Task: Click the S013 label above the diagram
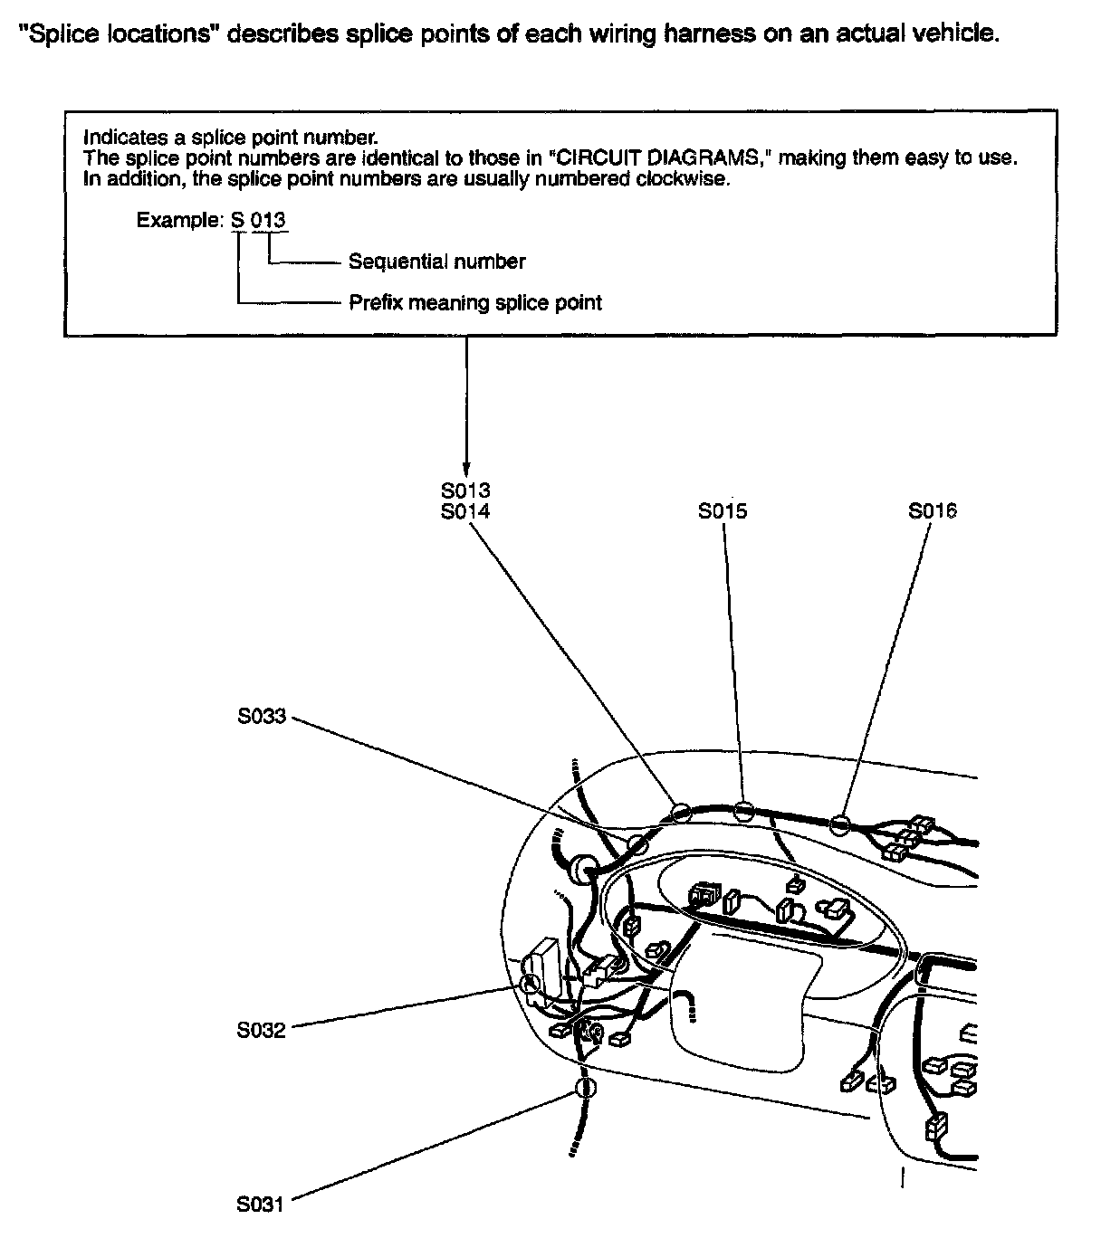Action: pyautogui.click(x=465, y=490)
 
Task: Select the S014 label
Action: pyautogui.click(x=465, y=511)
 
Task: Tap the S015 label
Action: pyautogui.click(x=723, y=511)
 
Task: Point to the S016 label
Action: pyautogui.click(x=933, y=511)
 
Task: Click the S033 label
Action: pyautogui.click(x=262, y=717)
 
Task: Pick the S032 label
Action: pyautogui.click(x=262, y=1030)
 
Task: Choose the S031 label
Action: pyautogui.click(x=262, y=1205)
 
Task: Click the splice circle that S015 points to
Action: pyautogui.click(x=743, y=811)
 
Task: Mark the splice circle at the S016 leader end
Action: pyautogui.click(x=840, y=824)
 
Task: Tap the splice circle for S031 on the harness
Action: pyautogui.click(x=586, y=1088)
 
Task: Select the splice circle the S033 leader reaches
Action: pyautogui.click(x=637, y=845)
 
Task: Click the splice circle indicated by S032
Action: pyautogui.click(x=531, y=984)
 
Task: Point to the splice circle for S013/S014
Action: pyautogui.click(x=681, y=812)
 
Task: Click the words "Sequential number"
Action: pyautogui.click(x=436, y=262)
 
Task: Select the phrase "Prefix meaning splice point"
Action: pyautogui.click(x=475, y=302)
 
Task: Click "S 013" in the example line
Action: pyautogui.click(x=261, y=220)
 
